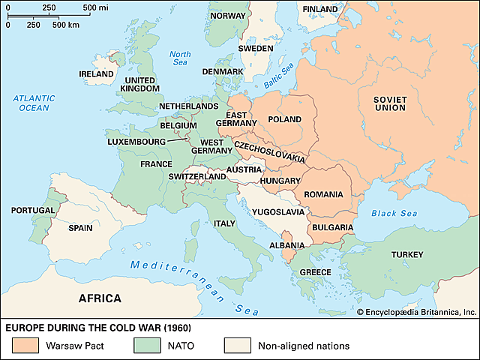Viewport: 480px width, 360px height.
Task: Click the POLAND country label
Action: (285, 119)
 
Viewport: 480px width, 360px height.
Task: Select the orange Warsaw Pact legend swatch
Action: (25, 346)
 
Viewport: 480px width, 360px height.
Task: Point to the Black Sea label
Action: (394, 214)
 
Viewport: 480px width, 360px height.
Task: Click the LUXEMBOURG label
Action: (136, 140)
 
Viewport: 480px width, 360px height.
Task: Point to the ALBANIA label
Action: (286, 245)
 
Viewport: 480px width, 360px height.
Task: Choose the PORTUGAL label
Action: (32, 211)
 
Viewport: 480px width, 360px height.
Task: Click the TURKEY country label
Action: (409, 255)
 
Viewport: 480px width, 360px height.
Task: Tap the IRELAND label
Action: (97, 73)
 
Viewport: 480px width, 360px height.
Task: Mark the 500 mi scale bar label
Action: (94, 7)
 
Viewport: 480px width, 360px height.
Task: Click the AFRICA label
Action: (100, 298)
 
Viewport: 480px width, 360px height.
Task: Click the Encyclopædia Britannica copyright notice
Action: (416, 311)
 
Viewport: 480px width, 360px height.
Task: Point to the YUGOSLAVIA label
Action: (279, 211)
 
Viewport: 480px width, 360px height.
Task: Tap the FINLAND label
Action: (319, 9)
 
